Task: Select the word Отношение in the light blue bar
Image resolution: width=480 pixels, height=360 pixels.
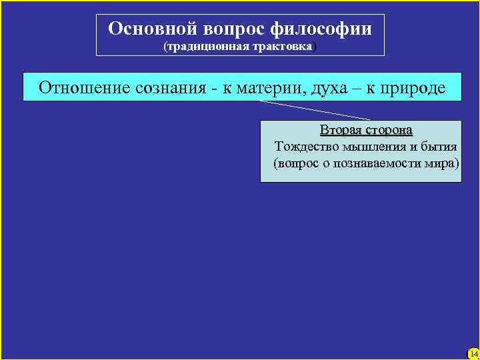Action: tap(84, 87)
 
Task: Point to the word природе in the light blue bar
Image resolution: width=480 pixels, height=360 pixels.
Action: tap(413, 87)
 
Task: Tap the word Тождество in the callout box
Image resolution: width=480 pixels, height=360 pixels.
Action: tap(305, 146)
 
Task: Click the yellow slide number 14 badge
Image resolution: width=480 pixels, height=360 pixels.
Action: tap(473, 353)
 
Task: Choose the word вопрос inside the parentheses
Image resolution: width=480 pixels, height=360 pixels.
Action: tap(297, 163)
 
